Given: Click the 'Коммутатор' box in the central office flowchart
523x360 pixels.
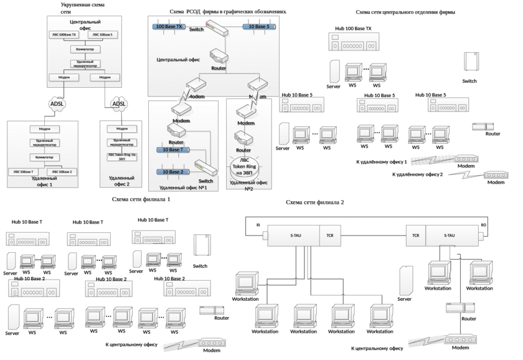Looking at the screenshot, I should coord(85,49).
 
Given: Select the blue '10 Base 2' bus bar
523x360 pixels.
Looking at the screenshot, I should coord(169,171).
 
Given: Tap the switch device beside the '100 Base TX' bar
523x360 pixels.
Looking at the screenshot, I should coord(215,28).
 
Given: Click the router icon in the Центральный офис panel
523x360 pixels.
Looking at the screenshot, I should coord(219,55).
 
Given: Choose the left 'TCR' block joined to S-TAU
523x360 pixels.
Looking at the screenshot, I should coord(329,236).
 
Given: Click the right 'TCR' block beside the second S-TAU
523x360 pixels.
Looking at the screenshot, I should coord(415,236).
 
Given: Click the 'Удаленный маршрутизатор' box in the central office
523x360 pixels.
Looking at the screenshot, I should coord(85,63).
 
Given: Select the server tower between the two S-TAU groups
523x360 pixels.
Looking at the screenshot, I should coord(407,282).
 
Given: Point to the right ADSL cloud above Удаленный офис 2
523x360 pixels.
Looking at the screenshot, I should coord(119,103).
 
